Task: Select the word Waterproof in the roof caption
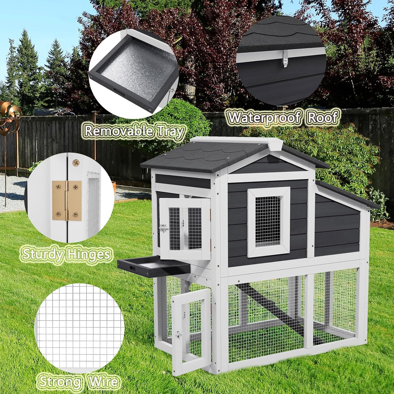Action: click(x=264, y=117)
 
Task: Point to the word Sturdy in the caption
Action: click(x=42, y=254)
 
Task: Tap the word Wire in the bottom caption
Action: click(x=102, y=381)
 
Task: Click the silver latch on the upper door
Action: click(x=164, y=229)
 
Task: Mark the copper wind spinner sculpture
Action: click(x=9, y=118)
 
